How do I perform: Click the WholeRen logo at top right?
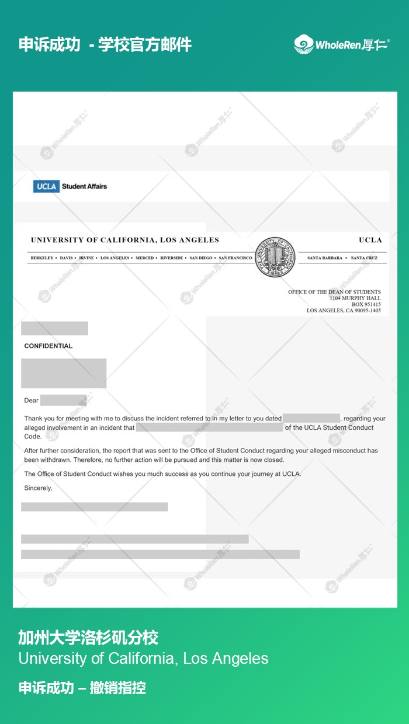[x=342, y=44]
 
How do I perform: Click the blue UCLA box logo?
[x=46, y=186]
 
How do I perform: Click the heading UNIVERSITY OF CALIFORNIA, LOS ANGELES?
[x=125, y=240]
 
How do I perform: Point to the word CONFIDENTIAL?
[x=48, y=346]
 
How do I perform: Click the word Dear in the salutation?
[x=32, y=401]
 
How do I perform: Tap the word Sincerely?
[x=38, y=488]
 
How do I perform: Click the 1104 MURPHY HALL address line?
[x=355, y=298]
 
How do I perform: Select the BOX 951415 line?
[x=366, y=304]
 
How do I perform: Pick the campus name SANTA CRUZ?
[x=364, y=257]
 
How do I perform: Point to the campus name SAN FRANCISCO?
[x=235, y=257]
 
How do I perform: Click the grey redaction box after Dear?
[x=63, y=401]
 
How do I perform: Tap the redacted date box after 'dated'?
[x=311, y=418]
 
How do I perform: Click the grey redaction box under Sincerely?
[x=94, y=507]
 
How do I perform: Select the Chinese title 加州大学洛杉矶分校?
[x=88, y=637]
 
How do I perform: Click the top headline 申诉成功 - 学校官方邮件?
[x=105, y=44]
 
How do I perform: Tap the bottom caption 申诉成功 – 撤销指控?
[x=82, y=687]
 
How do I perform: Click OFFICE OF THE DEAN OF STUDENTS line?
[x=334, y=291]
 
